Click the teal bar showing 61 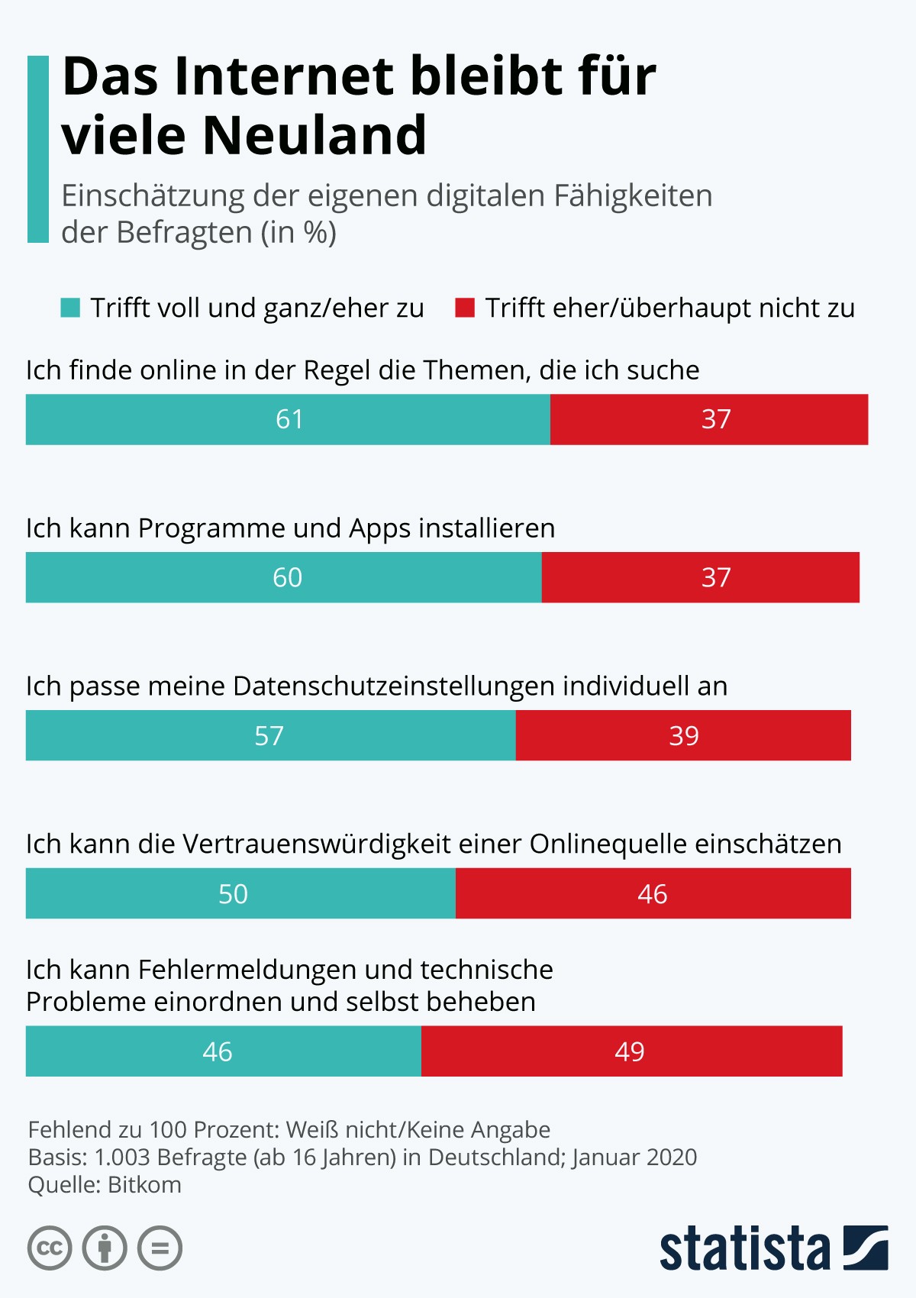coord(288,419)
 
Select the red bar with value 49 coord(631,1051)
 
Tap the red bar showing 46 coord(653,893)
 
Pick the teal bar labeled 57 coord(270,735)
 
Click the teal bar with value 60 coord(284,577)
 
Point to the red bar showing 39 coord(683,735)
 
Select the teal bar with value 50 coord(240,893)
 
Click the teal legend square coord(70,308)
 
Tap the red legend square coord(465,308)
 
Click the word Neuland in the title coord(314,135)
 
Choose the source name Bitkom coord(144,1185)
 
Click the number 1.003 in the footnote coord(121,1158)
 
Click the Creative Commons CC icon coord(50,1248)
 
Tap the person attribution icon coord(105,1248)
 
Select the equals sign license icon coord(160,1248)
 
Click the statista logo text coord(744,1248)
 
